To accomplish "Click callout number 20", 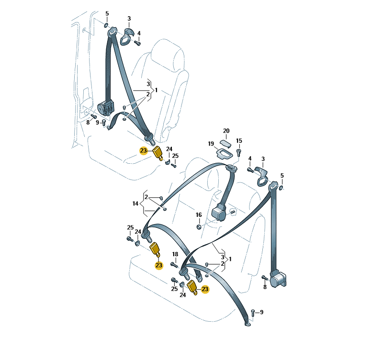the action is tap(226, 131).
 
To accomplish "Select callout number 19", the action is tap(211, 144).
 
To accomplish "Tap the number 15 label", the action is tap(239, 141).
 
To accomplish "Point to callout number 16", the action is tap(199, 215).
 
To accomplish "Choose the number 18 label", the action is tap(175, 254).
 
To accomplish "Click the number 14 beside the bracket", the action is tap(135, 203).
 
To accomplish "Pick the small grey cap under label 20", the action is tap(225, 144).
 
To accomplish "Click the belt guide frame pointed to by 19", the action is tap(224, 154).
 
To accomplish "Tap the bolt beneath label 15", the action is tap(239, 152).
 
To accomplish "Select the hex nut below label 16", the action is tap(199, 227).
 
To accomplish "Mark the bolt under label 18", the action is tap(174, 265).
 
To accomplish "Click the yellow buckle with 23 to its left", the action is tap(158, 153).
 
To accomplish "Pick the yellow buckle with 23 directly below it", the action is tap(156, 250).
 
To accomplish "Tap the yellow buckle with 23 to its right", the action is tap(192, 287).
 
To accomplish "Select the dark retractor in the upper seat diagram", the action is tap(106, 108).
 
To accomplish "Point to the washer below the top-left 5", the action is tap(106, 25).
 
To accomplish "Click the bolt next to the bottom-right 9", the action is tap(253, 313).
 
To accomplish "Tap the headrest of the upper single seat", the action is tap(167, 57).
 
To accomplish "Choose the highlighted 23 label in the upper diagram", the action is tap(144, 151).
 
